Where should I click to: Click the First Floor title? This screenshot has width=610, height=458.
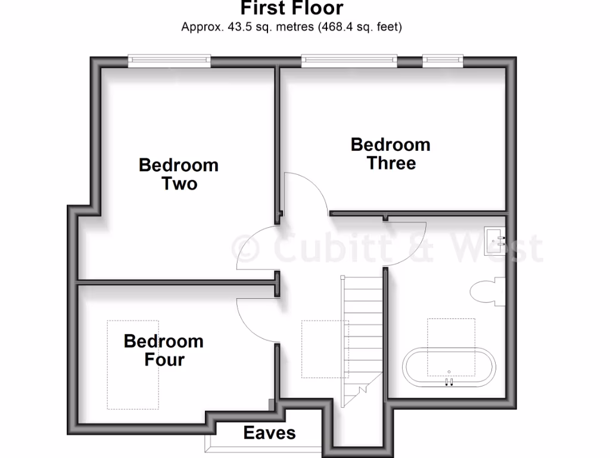292,8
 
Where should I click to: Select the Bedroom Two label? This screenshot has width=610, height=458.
179,174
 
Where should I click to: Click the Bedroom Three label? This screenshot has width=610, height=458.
391,153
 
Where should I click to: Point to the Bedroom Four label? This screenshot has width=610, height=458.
164,350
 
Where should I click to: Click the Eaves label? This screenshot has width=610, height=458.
269,432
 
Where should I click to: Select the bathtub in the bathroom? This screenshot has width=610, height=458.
450,367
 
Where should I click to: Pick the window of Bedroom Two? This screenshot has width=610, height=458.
170,60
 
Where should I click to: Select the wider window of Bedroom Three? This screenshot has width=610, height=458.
349,60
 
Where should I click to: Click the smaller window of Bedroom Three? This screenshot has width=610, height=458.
443,60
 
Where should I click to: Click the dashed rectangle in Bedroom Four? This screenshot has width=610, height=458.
133,364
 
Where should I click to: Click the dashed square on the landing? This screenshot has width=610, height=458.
325,349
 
